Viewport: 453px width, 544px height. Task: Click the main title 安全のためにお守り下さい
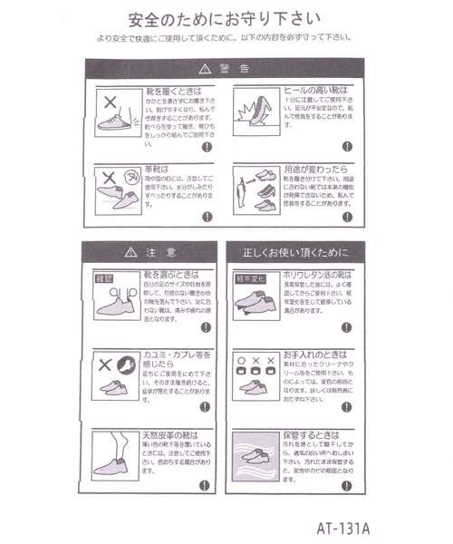click(226, 17)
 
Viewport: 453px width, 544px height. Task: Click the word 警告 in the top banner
click(229, 69)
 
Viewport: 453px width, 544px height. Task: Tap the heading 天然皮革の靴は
click(172, 434)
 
